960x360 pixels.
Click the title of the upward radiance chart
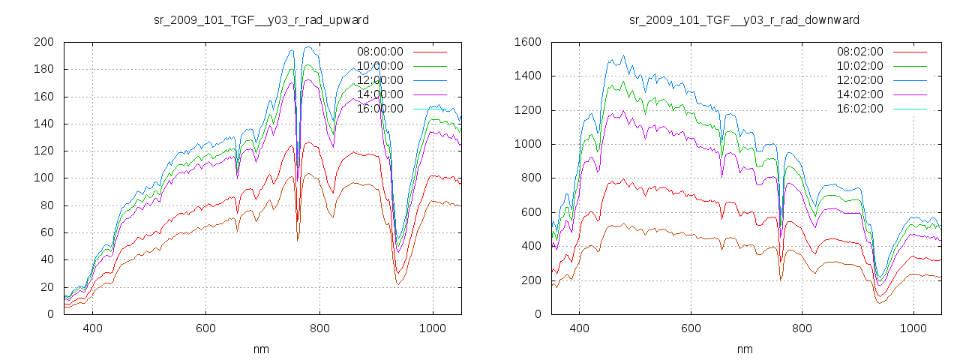(261, 19)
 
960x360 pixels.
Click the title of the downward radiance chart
(744, 19)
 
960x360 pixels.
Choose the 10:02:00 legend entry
(860, 66)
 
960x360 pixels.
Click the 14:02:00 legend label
(860, 94)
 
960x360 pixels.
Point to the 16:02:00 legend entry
(860, 109)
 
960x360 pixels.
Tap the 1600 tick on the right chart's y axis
(528, 42)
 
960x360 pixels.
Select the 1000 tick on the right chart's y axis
(528, 144)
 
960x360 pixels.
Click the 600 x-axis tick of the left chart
(205, 328)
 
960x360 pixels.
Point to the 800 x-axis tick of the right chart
(802, 328)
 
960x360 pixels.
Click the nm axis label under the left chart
(261, 349)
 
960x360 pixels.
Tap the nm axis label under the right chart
(744, 349)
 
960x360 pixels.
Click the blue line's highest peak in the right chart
(622, 55)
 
